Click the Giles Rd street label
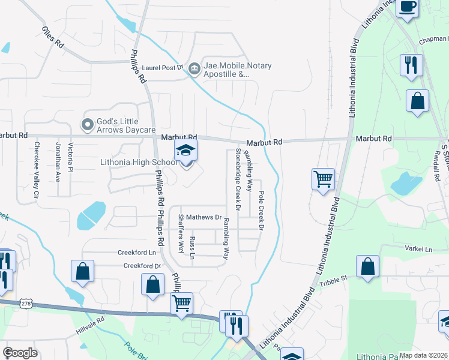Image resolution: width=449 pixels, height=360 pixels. [x=53, y=37]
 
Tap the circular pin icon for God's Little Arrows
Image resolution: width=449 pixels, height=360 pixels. [x=88, y=125]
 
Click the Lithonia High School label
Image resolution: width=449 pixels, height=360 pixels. [x=139, y=162]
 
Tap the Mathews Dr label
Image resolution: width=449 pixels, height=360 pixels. [x=204, y=217]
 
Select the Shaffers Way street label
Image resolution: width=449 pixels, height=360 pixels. [x=181, y=235]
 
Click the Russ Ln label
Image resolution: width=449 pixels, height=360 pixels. [x=192, y=248]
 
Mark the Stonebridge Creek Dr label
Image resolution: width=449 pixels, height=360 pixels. [x=238, y=181]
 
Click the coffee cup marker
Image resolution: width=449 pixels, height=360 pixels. [x=408, y=8]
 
